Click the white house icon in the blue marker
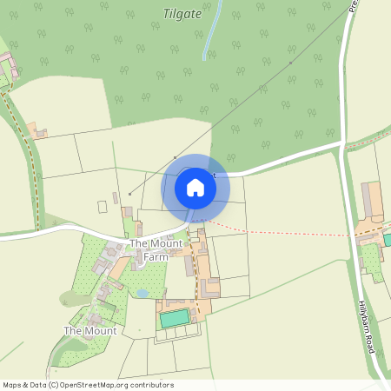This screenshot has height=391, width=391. click(195, 187)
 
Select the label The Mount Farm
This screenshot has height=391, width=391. click(156, 250)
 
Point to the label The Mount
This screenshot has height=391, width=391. click(90, 331)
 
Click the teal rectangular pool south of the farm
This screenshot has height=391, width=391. click(175, 319)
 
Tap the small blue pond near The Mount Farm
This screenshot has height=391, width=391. click(142, 294)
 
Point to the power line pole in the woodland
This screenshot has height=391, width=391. click(290, 63)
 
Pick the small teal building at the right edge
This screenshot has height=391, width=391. click(387, 239)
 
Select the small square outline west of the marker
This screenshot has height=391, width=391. click(103, 207)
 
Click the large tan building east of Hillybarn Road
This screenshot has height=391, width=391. click(373, 201)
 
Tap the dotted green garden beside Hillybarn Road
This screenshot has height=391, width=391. click(372, 260)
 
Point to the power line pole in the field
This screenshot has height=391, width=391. click(129, 193)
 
